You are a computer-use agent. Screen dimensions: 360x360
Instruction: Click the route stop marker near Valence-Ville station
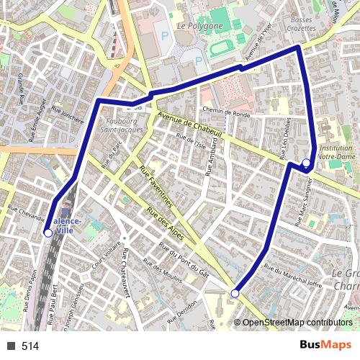(48, 233)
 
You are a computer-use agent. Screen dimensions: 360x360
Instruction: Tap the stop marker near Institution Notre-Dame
(306, 163)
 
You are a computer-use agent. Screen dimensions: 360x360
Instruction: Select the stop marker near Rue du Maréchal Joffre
(235, 293)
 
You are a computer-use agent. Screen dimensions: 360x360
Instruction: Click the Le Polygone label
(201, 25)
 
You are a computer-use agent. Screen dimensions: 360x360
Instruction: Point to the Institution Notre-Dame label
(336, 151)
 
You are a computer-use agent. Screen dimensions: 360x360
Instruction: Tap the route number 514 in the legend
(30, 346)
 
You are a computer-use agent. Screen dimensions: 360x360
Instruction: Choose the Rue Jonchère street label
(68, 116)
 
